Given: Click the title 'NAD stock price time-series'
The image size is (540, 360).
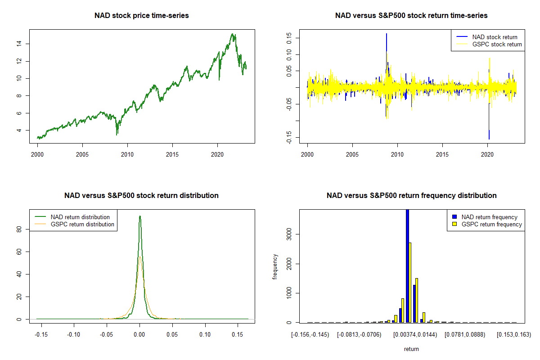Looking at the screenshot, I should coord(142,16).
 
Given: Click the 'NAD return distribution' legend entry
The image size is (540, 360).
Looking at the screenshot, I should coord(80,217).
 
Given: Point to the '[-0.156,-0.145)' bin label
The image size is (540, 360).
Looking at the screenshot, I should coord(310,335).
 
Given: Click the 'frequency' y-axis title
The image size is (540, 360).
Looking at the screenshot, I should coord(275,267).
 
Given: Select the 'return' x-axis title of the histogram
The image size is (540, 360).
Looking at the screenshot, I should coord(411,349).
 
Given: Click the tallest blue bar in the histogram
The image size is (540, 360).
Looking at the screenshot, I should coord(407,265).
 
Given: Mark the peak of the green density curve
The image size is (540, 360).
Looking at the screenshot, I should coord(140,216).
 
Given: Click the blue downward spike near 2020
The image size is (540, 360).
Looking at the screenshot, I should coord(489,130).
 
